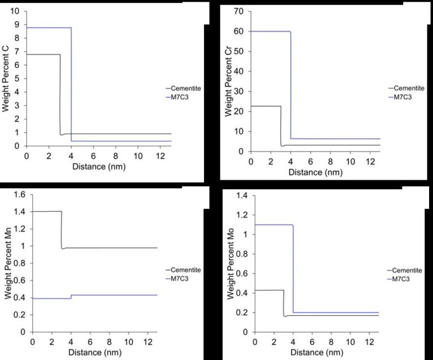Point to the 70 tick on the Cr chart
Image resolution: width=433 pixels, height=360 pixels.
tap(240, 12)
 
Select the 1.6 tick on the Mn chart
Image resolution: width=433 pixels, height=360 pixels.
tap(20, 195)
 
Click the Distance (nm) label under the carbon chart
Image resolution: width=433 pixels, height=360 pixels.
tap(99, 167)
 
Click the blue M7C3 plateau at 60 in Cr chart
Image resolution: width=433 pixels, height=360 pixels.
tap(271, 32)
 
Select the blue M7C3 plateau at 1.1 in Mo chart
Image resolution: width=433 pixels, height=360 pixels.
tap(273, 225)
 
